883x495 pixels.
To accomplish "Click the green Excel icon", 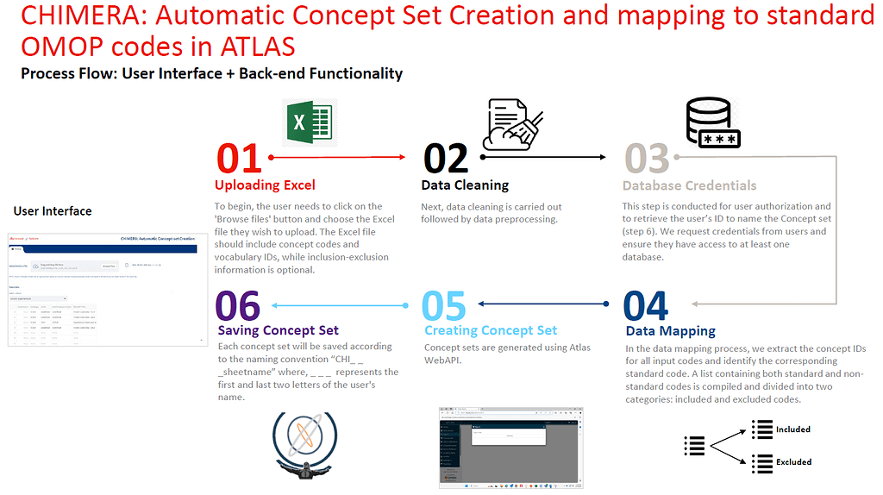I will click(310, 122).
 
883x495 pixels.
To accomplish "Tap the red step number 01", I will click(239, 159).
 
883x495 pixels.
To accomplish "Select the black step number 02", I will click(446, 159).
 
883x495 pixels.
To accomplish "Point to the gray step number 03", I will click(647, 159).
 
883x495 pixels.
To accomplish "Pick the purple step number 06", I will click(239, 306).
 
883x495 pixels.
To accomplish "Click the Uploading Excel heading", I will click(265, 185).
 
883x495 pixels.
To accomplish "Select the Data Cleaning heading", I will click(465, 185).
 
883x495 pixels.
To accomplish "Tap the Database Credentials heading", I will click(689, 185).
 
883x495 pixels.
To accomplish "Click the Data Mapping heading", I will click(670, 330).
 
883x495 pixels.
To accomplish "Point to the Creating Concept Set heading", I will click(491, 330).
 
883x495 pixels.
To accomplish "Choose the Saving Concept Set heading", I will click(278, 330).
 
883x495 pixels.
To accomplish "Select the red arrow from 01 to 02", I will click(337, 158).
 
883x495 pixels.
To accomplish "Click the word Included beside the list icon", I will click(792, 429).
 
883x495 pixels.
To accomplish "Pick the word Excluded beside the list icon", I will click(793, 461).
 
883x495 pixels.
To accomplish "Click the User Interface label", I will click(53, 210).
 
